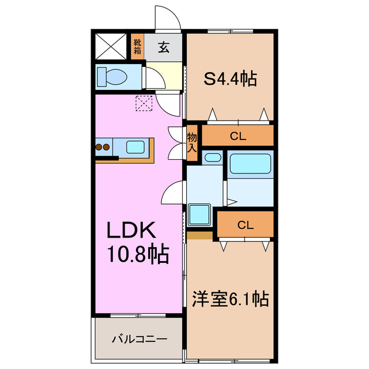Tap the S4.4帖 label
coord(230,78)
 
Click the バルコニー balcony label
coord(139,338)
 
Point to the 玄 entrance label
coord(164,47)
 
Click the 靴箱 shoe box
coord(137,46)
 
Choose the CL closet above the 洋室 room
coord(244,225)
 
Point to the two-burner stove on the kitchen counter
coord(102,147)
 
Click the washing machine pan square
coord(200,215)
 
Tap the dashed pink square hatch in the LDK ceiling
coord(142,103)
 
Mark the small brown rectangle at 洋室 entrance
coord(199,235)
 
